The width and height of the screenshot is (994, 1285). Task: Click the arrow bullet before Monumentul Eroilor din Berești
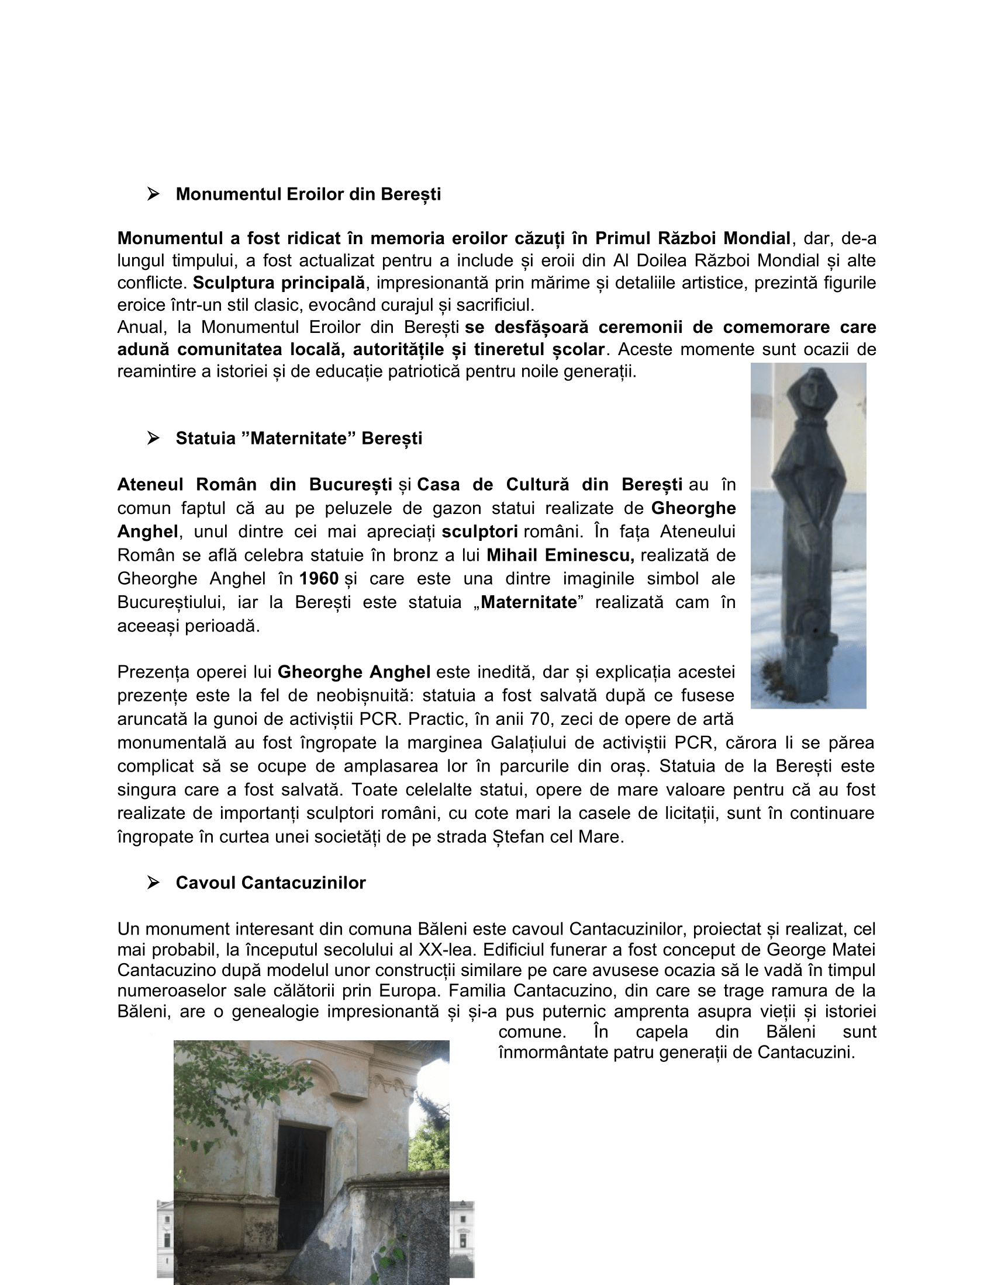coord(153,194)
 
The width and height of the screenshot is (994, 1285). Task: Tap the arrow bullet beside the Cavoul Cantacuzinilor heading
coord(153,883)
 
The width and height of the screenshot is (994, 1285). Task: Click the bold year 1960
coord(319,578)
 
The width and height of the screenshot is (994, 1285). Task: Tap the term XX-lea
coord(446,950)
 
